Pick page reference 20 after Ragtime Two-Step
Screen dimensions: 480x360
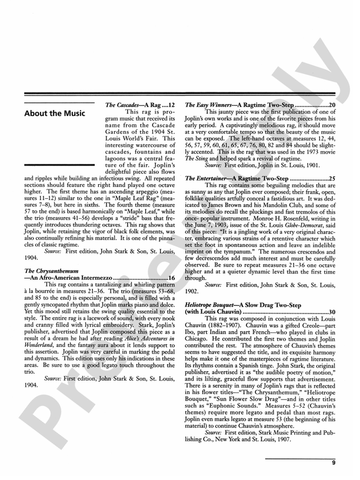coord(332,104)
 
